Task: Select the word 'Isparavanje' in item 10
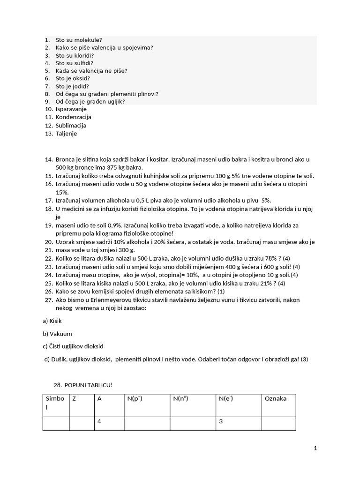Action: pos(71,109)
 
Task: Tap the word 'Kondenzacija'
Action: pos(73,117)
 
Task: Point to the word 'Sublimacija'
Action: pos(71,126)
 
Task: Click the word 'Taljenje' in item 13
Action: pos(66,134)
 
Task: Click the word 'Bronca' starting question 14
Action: pos(65,159)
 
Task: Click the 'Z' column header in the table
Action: pos(74,399)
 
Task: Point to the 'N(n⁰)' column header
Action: pos(180,399)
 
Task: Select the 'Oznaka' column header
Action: pos(276,399)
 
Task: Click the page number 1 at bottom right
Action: pos(315,448)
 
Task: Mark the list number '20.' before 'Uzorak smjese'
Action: pos(49,242)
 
